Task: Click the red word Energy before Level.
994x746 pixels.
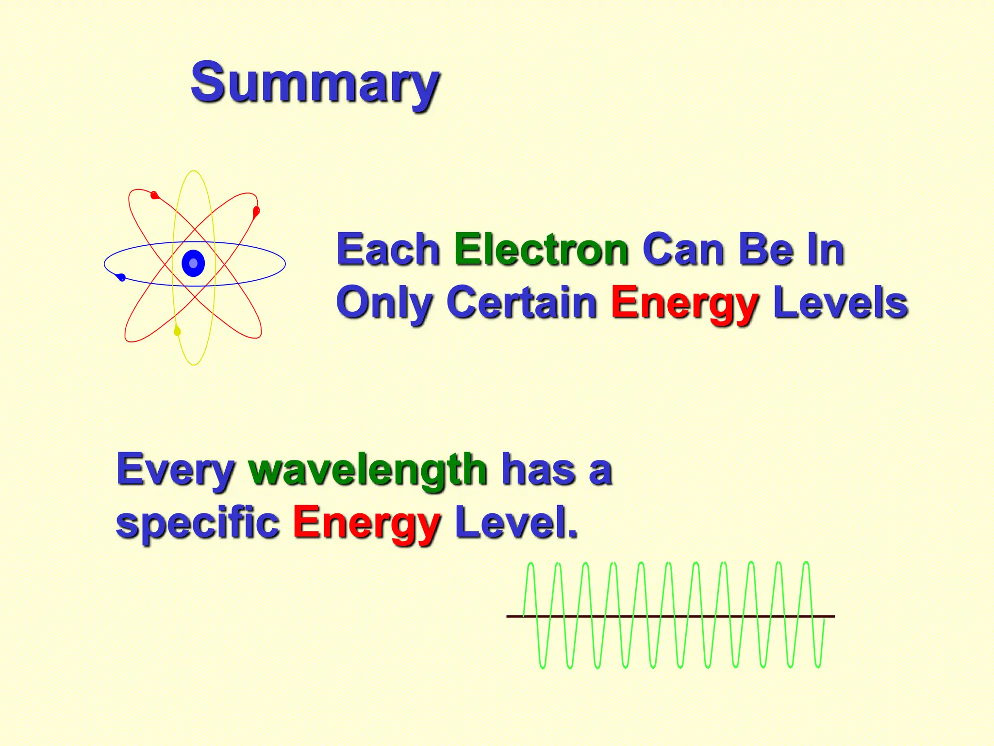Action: [366, 524]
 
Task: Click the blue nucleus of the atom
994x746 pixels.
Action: [193, 263]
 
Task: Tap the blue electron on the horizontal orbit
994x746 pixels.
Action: [121, 277]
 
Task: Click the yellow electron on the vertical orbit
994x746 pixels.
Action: [177, 331]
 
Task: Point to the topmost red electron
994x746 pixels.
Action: [155, 195]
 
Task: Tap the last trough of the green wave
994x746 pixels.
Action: [818, 666]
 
